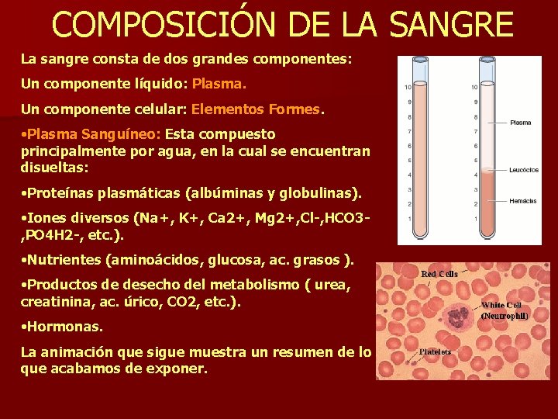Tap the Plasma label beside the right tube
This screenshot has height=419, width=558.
click(521, 123)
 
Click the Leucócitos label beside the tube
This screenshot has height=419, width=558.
click(523, 170)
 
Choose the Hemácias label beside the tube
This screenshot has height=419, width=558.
click(522, 201)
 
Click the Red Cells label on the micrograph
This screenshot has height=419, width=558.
click(439, 274)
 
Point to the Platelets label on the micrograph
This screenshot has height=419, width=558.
click(435, 351)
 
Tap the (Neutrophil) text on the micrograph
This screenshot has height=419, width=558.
click(505, 316)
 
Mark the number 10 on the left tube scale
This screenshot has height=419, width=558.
click(408, 88)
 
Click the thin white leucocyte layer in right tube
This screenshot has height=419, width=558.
click(487, 169)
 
